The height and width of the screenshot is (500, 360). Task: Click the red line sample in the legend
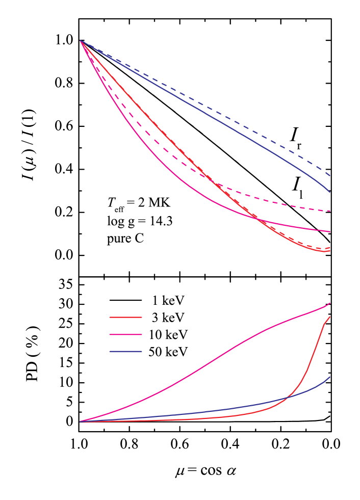[125, 317]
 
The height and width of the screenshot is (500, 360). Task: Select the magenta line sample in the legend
[125, 334]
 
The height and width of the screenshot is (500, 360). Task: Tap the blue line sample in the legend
[125, 352]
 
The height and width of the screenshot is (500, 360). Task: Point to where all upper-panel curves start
[81, 41]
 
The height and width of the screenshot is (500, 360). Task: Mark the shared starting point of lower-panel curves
[81, 422]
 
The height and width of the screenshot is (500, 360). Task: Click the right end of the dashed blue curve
[330, 176]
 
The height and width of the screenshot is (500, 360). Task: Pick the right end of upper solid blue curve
[330, 192]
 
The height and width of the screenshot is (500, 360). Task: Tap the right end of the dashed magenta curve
[330, 211]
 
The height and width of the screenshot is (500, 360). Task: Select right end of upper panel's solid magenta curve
[330, 232]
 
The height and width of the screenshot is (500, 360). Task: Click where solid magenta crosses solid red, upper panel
[256, 219]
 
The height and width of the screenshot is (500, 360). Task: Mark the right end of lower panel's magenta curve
[330, 303]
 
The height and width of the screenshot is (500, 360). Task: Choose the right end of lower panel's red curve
[330, 317]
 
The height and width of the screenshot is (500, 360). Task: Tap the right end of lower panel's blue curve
[330, 377]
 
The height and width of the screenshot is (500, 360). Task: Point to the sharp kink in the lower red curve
[324, 323]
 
